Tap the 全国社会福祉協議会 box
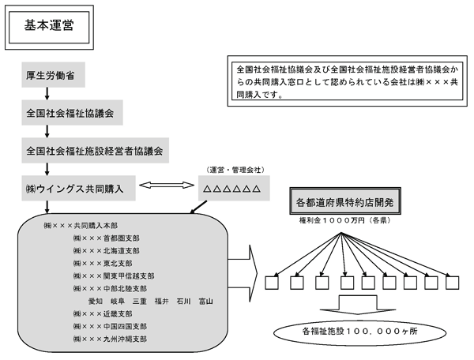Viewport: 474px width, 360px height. coord(72,114)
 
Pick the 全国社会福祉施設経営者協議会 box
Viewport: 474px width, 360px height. coord(94,149)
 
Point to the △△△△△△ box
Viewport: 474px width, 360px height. coord(233,189)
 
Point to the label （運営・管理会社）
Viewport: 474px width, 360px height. coord(233,171)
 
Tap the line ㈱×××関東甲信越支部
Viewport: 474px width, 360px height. coord(113,276)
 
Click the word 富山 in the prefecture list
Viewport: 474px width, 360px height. coord(207,301)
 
